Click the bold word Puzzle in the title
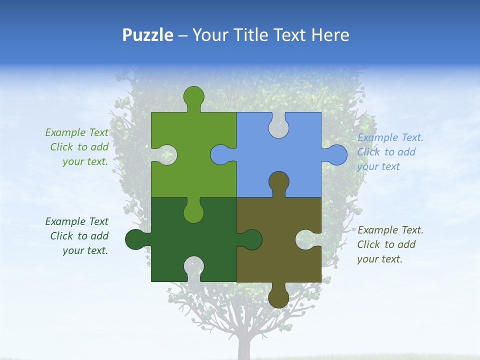point(147,35)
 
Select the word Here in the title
point(330,35)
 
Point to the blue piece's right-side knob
point(336,154)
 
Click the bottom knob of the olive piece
point(278,297)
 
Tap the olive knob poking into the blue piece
point(278,182)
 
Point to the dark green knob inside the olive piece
point(251,239)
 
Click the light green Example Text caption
point(77,147)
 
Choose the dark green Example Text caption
point(77,236)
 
